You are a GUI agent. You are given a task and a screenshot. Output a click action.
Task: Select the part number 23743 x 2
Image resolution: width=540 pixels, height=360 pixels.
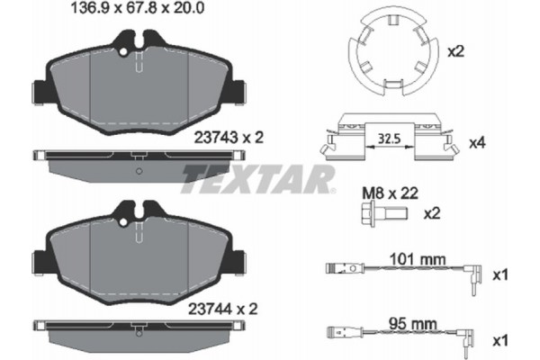click(226, 138)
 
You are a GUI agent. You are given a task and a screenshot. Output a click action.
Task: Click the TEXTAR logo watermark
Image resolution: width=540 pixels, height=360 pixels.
click(258, 177)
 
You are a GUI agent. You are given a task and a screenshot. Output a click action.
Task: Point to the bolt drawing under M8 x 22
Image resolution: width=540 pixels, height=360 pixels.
click(382, 214)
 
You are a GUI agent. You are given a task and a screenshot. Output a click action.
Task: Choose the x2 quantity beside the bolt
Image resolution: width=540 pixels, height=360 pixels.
click(431, 213)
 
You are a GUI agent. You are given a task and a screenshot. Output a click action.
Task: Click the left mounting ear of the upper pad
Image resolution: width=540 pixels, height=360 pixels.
click(39, 93)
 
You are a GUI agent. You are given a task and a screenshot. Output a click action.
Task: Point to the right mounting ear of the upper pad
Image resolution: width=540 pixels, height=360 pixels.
click(238, 93)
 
